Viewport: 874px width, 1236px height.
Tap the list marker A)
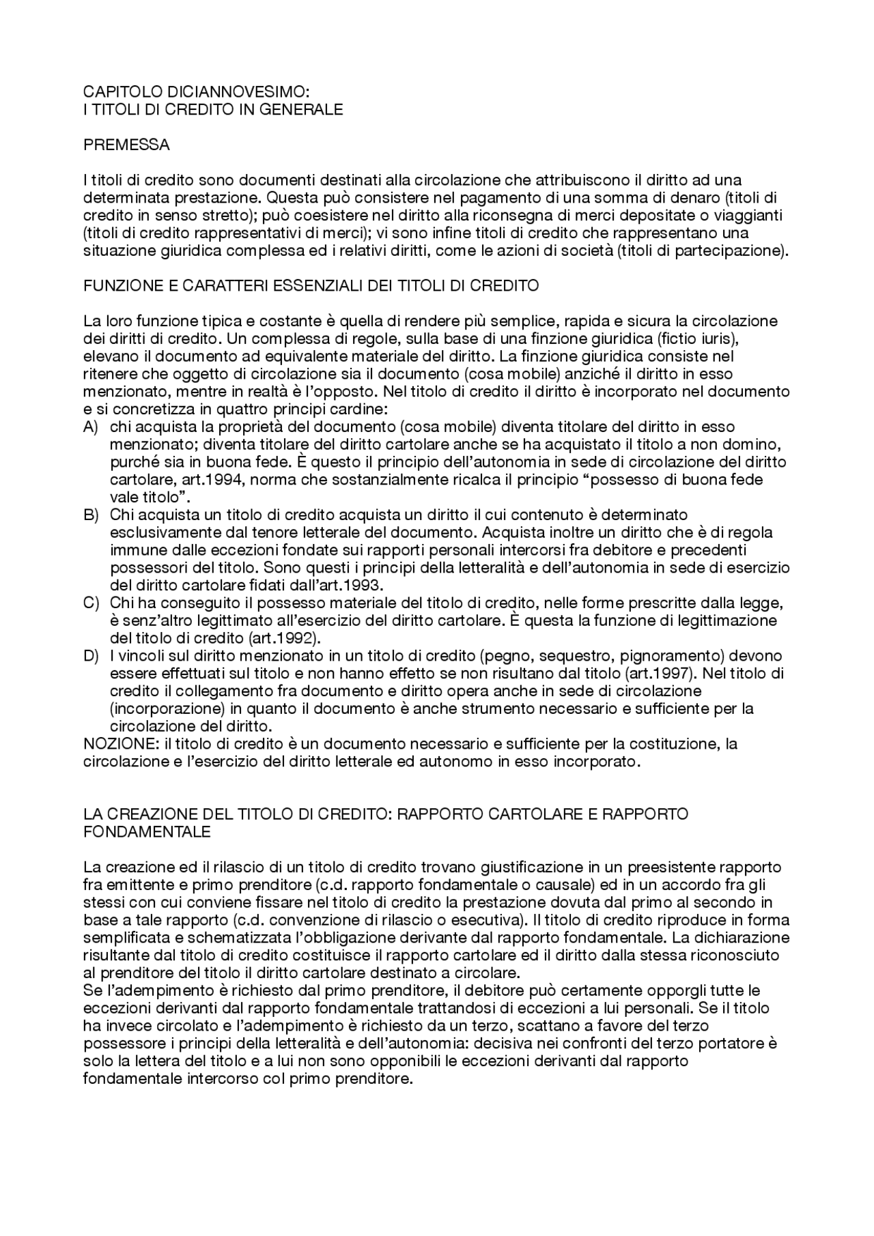(91, 427)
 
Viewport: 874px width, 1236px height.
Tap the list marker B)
(91, 514)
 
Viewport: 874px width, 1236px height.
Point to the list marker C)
(91, 603)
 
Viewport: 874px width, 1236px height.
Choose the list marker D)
(91, 656)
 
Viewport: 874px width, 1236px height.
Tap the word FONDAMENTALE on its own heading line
(147, 831)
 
